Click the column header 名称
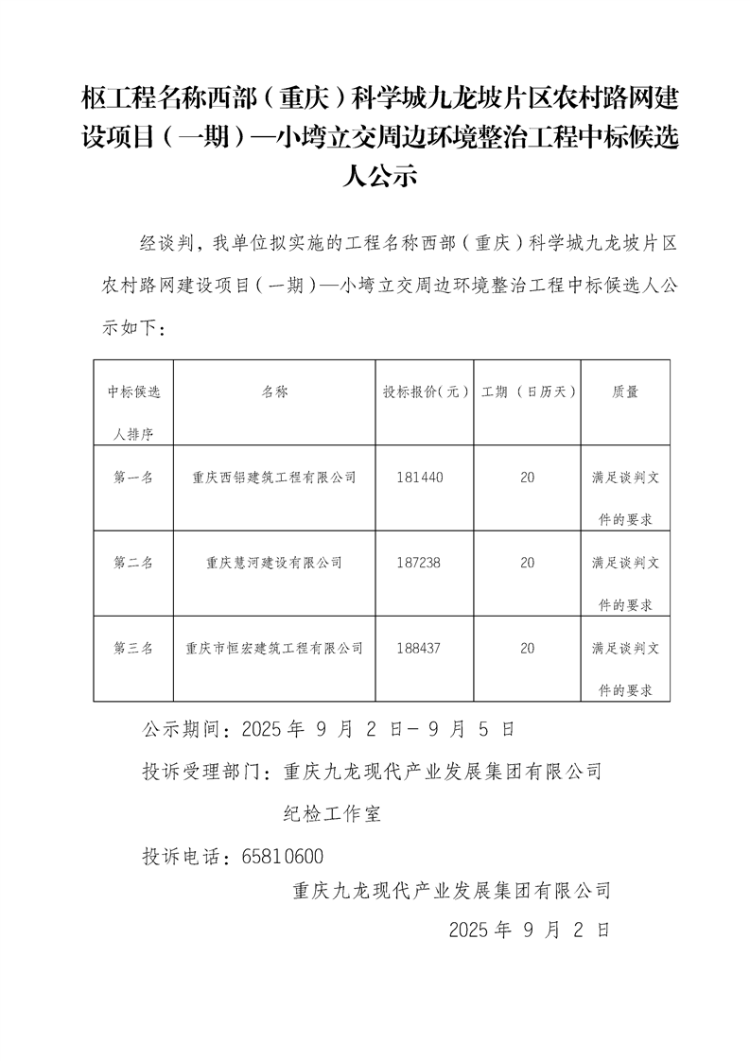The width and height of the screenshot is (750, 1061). [x=274, y=391]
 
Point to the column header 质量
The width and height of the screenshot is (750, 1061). [x=624, y=391]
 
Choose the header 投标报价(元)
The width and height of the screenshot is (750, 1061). [x=425, y=391]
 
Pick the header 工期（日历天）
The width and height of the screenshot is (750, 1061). [x=527, y=391]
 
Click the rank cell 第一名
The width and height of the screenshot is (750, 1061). [x=132, y=478]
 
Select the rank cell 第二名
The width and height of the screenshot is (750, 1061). [x=132, y=563]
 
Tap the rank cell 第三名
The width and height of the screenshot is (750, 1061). [x=132, y=648]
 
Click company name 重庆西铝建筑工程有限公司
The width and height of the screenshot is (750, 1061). [x=274, y=478]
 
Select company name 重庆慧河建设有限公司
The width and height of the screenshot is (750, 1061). [x=274, y=563]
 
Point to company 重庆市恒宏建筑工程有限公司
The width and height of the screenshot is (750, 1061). [x=274, y=648]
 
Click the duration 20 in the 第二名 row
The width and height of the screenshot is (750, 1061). [x=527, y=563]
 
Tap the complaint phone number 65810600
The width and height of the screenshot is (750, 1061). [x=283, y=857]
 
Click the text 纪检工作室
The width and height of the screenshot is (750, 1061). [x=333, y=813]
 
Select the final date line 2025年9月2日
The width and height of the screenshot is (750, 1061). [x=530, y=930]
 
